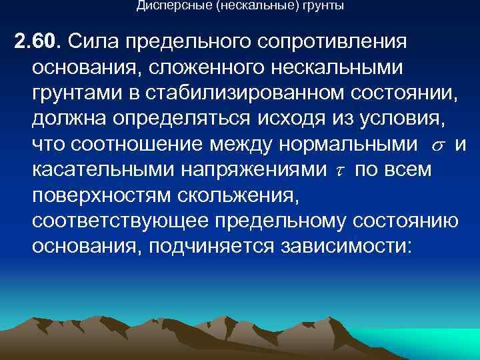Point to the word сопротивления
[330, 42]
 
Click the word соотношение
[141, 145]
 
